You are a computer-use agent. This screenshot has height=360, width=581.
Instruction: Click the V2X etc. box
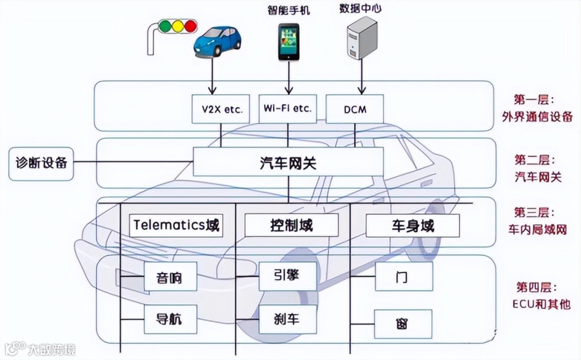pos(219,109)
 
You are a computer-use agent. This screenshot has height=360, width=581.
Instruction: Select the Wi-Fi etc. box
pos(287,109)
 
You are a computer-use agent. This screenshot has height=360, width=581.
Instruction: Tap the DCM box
pos(355,109)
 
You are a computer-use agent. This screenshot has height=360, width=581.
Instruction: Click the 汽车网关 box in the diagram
pos(288,162)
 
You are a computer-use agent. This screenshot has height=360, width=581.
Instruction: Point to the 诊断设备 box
pos(41,162)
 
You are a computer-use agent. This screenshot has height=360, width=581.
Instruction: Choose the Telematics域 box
pos(176,225)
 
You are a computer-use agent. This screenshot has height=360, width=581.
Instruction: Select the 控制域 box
pos(291,225)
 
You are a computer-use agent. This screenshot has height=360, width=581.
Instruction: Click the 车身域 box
pos(413,225)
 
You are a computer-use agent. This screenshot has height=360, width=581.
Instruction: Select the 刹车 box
pos(286,319)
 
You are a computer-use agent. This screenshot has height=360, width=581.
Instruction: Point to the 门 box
pos(403,277)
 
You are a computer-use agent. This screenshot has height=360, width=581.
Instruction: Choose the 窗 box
pos(403,323)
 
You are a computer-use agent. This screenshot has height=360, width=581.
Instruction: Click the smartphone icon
pos(288,41)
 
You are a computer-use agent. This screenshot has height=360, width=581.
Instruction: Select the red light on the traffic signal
pos(189,25)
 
